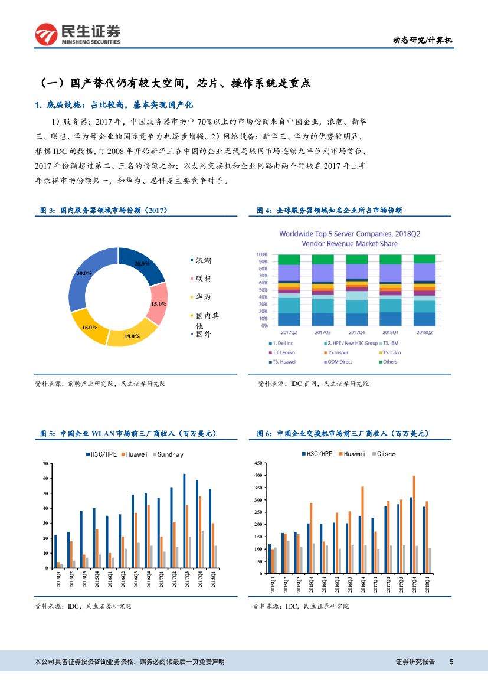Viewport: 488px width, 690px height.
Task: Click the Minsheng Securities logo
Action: click(77, 34)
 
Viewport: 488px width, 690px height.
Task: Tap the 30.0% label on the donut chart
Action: click(84, 273)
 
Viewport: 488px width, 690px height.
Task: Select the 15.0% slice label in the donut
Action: click(158, 303)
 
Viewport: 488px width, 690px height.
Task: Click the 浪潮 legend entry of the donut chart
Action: click(203, 260)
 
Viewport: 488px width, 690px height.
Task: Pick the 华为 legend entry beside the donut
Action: click(203, 297)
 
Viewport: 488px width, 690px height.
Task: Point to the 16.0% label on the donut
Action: click(90, 326)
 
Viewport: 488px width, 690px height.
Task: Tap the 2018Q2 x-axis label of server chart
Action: click(424, 332)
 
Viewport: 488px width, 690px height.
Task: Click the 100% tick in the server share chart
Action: click(262, 254)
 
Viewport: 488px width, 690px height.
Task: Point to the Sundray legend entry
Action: click(169, 454)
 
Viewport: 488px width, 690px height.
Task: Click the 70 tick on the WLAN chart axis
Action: click(45, 464)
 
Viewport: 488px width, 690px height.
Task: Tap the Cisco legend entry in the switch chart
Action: click(386, 454)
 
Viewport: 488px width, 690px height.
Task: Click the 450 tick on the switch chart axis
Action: click(258, 464)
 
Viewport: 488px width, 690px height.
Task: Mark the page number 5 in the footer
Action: click(451, 662)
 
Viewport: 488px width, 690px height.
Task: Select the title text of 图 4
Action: click(330, 210)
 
